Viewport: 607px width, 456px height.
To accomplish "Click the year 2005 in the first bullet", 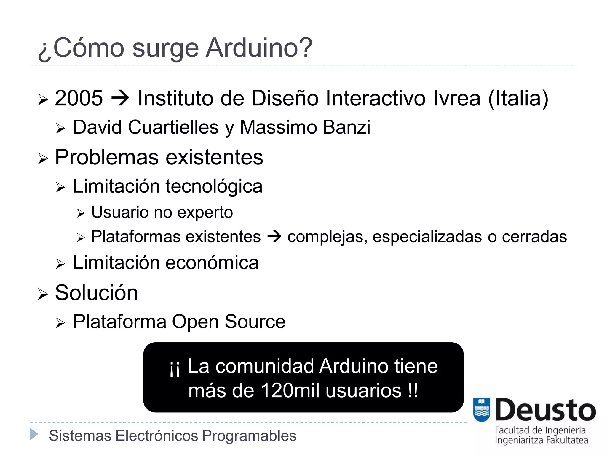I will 79,98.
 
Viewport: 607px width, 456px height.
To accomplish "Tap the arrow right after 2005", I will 120,98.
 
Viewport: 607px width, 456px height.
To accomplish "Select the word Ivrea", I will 456,98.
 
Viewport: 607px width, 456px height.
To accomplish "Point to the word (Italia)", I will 518,98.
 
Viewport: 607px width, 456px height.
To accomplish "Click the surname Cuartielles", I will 173,127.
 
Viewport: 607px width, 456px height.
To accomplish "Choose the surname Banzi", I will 346,127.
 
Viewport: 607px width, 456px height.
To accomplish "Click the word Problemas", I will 107,157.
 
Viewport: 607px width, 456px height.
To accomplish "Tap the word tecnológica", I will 214,186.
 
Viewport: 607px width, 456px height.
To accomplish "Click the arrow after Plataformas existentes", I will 274,237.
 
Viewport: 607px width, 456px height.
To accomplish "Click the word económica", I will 212,263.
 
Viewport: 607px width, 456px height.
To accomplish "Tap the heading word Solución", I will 96,293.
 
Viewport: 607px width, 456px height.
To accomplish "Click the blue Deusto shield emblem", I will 482,410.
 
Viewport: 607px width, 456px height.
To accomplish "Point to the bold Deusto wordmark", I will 545,410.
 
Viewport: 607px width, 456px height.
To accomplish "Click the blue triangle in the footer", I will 34,434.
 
